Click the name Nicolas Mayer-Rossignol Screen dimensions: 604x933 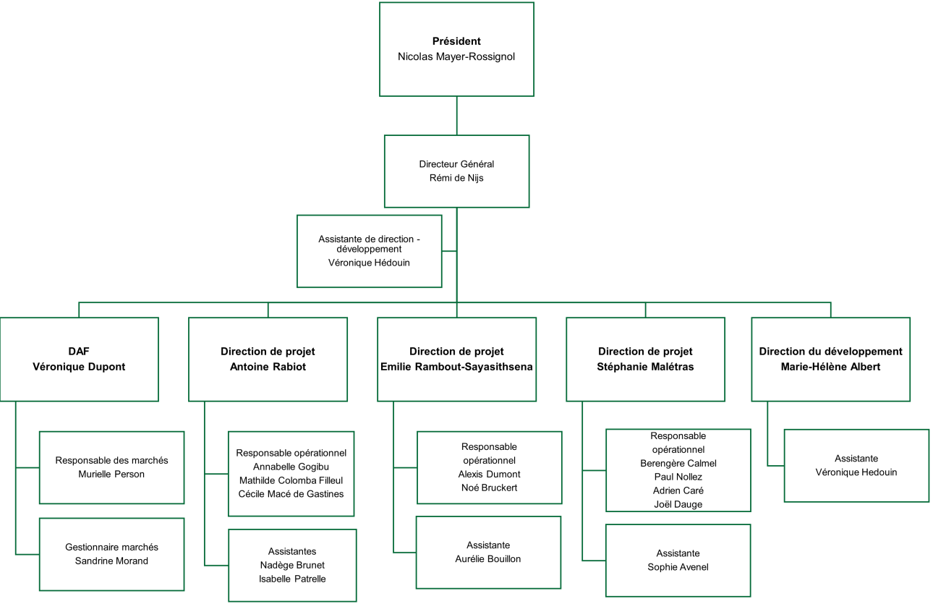click(456, 56)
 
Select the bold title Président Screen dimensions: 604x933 click(456, 41)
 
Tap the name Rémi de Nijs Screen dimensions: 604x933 click(456, 178)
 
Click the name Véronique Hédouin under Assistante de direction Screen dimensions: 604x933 click(369, 263)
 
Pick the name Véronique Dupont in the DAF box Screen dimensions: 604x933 click(79, 367)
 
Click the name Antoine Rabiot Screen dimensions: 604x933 click(268, 367)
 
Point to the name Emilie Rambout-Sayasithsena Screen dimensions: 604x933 click(456, 367)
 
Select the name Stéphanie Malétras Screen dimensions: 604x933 click(645, 367)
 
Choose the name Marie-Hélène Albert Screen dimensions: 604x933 click(830, 367)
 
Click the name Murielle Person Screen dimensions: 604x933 click(111, 475)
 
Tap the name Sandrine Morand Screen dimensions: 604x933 click(111, 561)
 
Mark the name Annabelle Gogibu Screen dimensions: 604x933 click(291, 467)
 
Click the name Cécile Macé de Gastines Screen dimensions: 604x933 click(291, 494)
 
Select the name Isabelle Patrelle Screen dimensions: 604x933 click(292, 579)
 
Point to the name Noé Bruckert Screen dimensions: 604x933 click(489, 488)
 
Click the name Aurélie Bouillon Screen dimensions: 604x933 click(488, 558)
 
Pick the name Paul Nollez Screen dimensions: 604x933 click(678, 477)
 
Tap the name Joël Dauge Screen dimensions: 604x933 click(678, 504)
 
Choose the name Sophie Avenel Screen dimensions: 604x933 click(678, 567)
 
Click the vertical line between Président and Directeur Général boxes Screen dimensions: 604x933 click(456, 116)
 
